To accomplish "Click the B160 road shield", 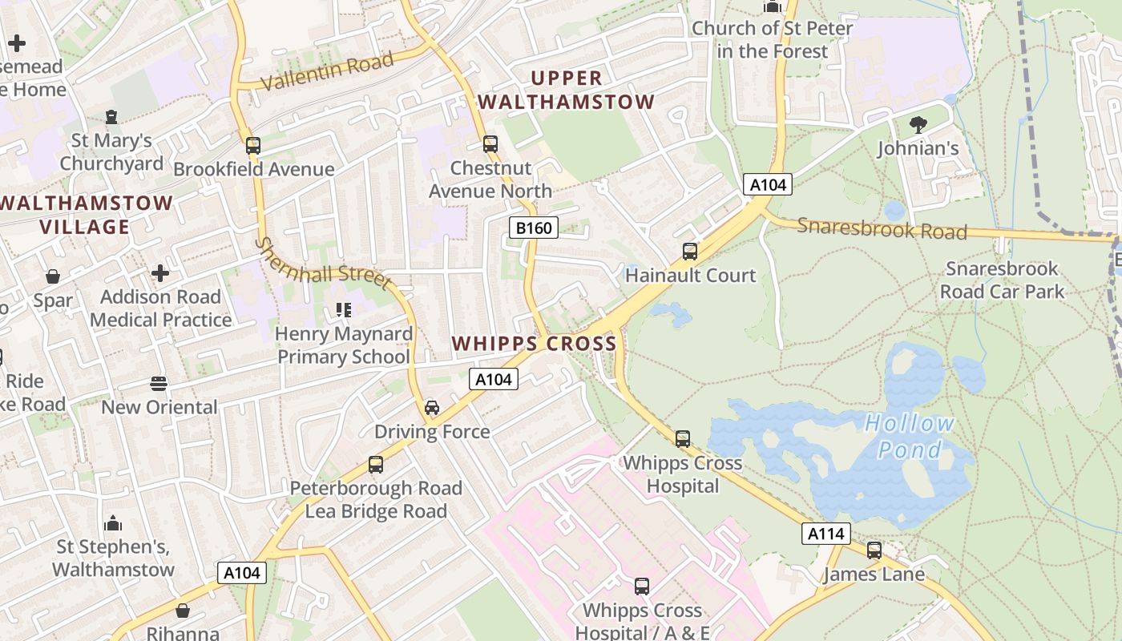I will click(x=533, y=228).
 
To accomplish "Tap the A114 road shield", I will click(x=825, y=534).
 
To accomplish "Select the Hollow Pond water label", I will click(x=910, y=436).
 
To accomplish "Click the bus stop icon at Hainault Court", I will click(x=689, y=252).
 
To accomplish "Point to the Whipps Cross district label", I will click(x=534, y=344).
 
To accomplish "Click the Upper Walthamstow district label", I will click(x=566, y=90).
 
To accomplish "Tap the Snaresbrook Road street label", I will click(x=882, y=229).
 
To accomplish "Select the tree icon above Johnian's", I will click(x=918, y=124).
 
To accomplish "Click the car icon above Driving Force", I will click(x=432, y=408).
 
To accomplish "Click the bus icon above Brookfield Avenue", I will click(x=253, y=146).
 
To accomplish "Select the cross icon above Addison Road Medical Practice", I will click(x=160, y=273).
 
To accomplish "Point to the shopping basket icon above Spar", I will click(x=53, y=277).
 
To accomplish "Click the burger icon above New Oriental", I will click(x=159, y=383).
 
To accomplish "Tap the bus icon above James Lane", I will click(x=874, y=550).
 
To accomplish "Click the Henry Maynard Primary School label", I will click(x=344, y=345).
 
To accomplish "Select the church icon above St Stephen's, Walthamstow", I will click(x=113, y=524).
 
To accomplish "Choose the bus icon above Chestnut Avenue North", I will click(x=490, y=144).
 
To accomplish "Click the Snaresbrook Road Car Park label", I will click(x=1002, y=280).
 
